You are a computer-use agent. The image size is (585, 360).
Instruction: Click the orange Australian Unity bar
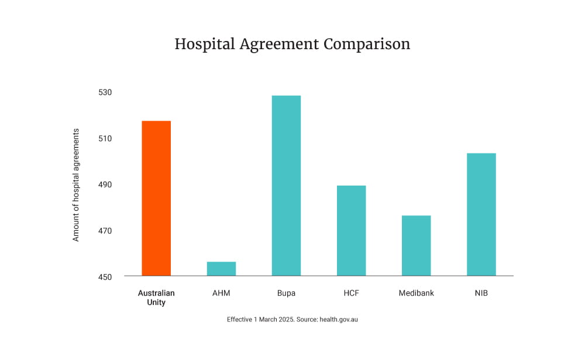click(156, 198)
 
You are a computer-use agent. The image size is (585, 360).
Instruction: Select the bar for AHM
click(221, 269)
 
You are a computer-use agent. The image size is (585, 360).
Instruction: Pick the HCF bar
click(351, 231)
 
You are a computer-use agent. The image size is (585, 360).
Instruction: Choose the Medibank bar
click(416, 246)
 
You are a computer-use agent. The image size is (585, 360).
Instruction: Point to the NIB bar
click(481, 214)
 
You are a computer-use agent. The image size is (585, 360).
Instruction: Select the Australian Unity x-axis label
click(156, 297)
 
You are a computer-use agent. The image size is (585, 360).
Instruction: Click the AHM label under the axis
click(221, 293)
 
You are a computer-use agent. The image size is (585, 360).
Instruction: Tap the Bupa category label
click(286, 293)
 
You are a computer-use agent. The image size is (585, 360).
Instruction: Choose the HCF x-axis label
click(351, 293)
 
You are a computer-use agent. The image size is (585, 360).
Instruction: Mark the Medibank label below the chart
click(416, 293)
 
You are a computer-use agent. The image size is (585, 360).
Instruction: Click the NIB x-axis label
click(481, 293)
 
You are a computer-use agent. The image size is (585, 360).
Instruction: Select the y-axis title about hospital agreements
click(75, 185)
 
